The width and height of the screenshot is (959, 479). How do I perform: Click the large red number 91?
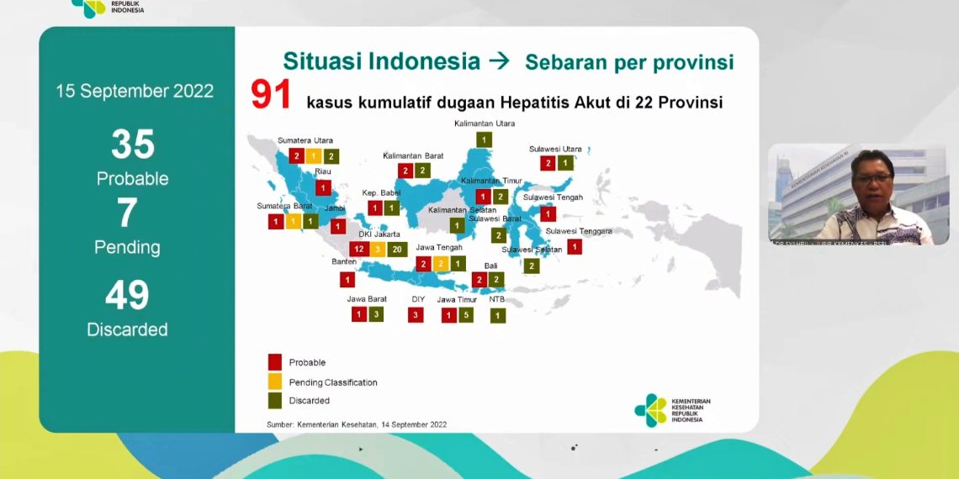(x=271, y=96)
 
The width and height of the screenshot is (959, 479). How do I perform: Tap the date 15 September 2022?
(x=135, y=91)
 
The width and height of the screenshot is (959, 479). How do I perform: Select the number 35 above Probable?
(x=133, y=145)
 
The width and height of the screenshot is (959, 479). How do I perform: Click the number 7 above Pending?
(x=127, y=213)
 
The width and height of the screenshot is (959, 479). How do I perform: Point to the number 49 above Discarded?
(x=127, y=295)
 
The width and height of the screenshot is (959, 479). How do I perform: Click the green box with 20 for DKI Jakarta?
(x=397, y=250)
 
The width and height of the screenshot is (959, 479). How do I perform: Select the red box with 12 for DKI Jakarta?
(x=358, y=250)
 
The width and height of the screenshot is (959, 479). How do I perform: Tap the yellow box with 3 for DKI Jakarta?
(x=378, y=250)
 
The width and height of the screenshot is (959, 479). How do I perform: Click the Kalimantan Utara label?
(x=485, y=124)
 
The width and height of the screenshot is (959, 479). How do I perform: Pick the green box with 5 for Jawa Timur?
(x=468, y=315)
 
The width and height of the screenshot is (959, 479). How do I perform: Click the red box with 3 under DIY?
(x=416, y=315)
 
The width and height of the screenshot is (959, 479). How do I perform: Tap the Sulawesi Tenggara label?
(x=579, y=230)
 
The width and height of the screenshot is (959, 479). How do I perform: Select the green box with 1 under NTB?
(x=498, y=316)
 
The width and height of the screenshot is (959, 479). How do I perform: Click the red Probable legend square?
(x=274, y=362)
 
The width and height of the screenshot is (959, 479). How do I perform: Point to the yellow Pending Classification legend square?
(x=274, y=382)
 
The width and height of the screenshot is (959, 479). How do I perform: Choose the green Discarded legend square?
(x=274, y=401)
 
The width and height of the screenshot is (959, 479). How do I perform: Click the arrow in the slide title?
(x=499, y=61)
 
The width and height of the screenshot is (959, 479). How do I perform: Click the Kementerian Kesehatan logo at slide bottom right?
(x=650, y=410)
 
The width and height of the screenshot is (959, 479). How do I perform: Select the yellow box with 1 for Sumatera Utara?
(x=314, y=155)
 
